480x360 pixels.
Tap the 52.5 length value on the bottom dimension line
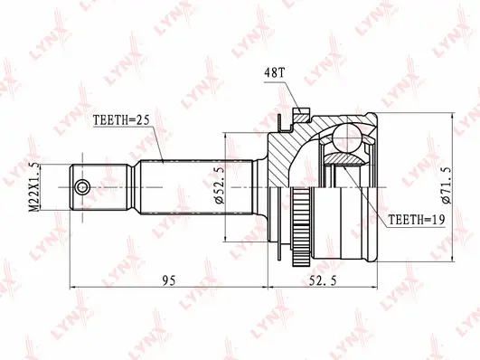click(x=333, y=279)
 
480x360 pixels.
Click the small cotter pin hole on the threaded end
click(x=83, y=187)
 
